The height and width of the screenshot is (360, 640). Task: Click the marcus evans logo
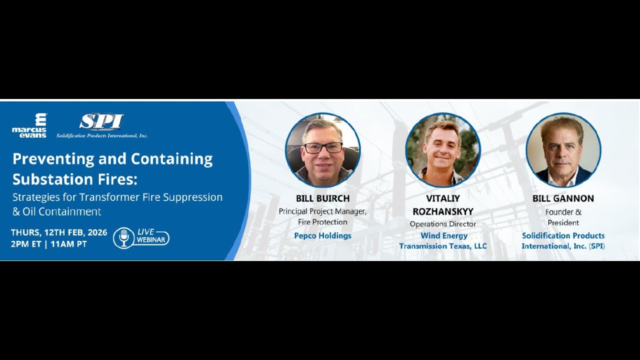29,125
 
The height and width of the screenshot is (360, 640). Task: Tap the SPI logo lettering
101,122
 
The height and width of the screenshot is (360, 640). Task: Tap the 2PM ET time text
27,244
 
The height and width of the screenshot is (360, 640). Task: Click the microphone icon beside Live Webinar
124,237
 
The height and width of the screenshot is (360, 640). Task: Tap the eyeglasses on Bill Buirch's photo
323,147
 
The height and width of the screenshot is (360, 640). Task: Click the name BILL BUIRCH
322,198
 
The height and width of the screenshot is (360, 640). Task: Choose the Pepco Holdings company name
322,235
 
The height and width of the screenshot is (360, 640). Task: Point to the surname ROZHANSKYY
443,211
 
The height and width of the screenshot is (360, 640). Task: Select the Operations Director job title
443,224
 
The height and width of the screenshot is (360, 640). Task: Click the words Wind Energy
444,235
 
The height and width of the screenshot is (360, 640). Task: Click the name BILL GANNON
563,198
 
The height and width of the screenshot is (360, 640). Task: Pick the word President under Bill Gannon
563,222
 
